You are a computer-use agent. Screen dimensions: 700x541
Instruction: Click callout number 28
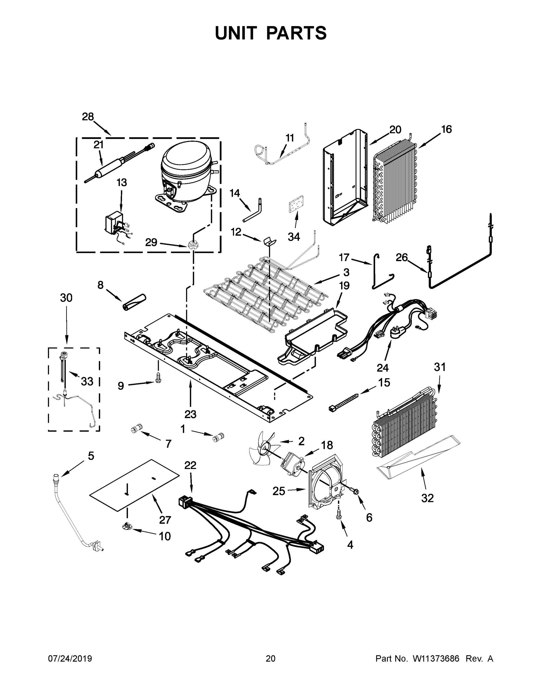87,117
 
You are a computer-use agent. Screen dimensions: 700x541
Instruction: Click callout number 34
294,237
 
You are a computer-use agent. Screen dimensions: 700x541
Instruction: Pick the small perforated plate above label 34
295,203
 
